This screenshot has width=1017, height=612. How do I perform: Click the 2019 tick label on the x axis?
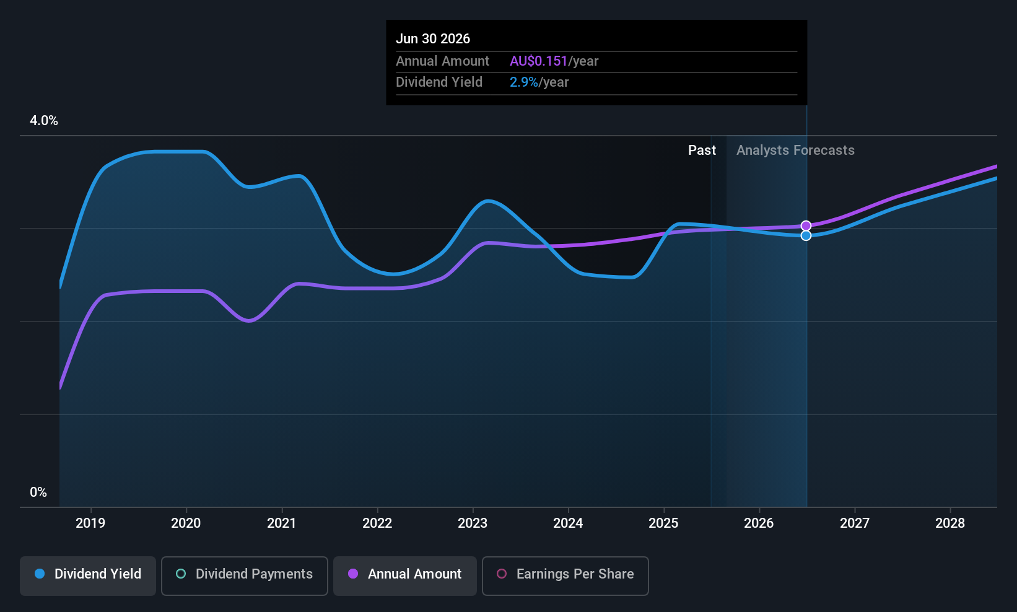[x=90, y=523]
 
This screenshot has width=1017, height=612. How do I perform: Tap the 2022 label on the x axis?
[x=377, y=523]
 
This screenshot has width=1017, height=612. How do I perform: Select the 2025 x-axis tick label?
[x=663, y=523]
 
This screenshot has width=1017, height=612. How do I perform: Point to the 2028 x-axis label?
[x=950, y=523]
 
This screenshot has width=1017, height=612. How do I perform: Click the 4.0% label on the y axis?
[x=44, y=121]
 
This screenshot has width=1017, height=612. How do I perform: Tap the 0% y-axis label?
[x=38, y=492]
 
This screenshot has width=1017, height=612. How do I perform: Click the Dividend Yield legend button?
[x=88, y=574]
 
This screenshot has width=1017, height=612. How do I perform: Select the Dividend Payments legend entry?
[x=245, y=574]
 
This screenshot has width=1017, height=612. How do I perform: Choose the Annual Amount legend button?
[x=405, y=574]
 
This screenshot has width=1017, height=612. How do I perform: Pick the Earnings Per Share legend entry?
[x=565, y=574]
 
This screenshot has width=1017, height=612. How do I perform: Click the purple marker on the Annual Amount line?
[x=806, y=225]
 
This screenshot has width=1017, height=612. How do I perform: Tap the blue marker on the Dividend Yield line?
[x=806, y=235]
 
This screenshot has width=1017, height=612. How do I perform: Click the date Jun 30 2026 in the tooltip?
[x=433, y=38]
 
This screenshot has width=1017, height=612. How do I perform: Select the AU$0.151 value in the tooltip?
[x=538, y=61]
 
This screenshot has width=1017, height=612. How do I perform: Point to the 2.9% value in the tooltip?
[x=523, y=82]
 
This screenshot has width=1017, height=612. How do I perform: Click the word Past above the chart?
[x=702, y=150]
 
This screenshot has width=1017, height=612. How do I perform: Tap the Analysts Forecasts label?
[x=795, y=150]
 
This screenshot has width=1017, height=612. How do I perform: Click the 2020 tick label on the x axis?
[x=186, y=523]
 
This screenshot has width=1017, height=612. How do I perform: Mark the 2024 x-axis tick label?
[x=568, y=523]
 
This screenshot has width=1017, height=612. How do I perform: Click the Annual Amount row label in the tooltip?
[x=442, y=61]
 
